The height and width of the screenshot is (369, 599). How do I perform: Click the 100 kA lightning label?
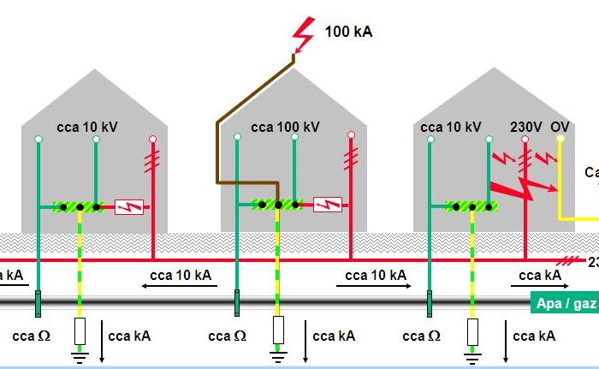[x=348, y=33]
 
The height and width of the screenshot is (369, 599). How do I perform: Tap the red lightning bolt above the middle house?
[x=303, y=34]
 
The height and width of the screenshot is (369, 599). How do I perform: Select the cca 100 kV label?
[x=285, y=127]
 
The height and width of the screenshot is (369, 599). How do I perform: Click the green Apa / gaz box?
[x=566, y=302]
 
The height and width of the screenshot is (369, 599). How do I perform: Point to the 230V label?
[x=526, y=126]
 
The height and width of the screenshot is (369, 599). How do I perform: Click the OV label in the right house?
[x=560, y=126]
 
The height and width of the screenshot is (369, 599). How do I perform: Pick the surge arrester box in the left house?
[x=128, y=206]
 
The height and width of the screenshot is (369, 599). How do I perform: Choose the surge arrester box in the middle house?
[x=328, y=205]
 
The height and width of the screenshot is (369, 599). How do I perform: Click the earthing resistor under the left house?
[x=80, y=330]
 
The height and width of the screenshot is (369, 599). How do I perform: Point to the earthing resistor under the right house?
[x=472, y=331]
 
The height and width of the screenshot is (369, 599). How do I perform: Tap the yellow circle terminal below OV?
[x=560, y=139]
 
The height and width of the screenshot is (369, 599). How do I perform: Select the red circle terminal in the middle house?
[x=351, y=135]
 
